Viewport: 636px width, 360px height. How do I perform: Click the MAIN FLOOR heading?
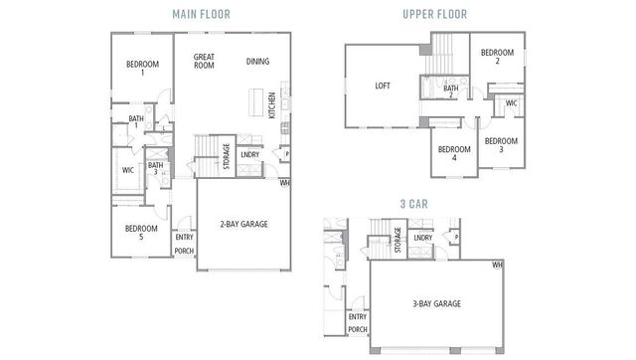[201, 14]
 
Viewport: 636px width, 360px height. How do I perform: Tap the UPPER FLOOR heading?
[435, 14]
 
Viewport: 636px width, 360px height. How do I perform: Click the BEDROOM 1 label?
[142, 69]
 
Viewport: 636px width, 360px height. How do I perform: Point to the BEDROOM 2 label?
[497, 57]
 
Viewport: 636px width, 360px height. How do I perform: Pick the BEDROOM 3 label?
[501, 144]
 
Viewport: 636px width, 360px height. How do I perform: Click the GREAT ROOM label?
[205, 62]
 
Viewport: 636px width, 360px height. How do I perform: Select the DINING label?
[257, 61]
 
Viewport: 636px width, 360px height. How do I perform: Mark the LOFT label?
[383, 87]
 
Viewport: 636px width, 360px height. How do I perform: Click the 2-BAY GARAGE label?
[242, 224]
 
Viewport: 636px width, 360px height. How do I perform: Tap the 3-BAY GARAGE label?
[437, 303]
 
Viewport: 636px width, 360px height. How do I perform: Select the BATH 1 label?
[134, 122]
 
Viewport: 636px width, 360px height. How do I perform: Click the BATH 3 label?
[156, 170]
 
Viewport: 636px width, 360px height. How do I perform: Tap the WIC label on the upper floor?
[511, 102]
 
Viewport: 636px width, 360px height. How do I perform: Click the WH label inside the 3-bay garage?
[497, 265]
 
